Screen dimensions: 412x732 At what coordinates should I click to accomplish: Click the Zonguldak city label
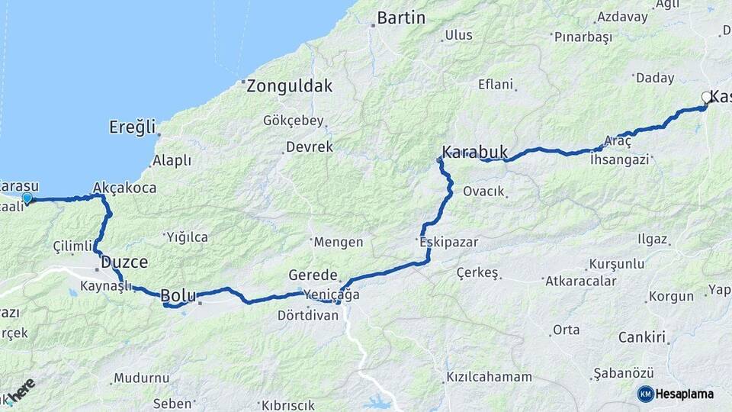[290, 86]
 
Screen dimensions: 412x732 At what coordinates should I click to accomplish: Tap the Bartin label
[401, 18]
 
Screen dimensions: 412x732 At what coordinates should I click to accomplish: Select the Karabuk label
[474, 151]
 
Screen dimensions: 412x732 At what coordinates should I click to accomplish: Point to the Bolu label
[178, 295]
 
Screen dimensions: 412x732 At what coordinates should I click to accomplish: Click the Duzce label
[124, 262]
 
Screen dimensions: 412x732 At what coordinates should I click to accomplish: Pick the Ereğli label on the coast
[132, 126]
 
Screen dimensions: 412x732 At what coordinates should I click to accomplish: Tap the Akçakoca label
[124, 187]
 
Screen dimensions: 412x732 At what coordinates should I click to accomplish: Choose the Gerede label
[313, 275]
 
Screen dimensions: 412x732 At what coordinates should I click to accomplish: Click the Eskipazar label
[448, 242]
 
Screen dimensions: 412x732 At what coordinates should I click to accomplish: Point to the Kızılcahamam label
[489, 378]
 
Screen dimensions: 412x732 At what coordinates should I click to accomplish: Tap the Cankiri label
[642, 336]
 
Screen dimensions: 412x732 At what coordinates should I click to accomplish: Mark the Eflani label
[496, 85]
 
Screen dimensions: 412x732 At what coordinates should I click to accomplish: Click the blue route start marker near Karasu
[27, 198]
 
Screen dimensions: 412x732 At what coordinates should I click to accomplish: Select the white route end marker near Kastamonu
[706, 97]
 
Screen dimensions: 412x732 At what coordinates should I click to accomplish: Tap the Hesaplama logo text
[685, 394]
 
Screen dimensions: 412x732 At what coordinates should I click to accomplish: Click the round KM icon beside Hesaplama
[645, 394]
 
